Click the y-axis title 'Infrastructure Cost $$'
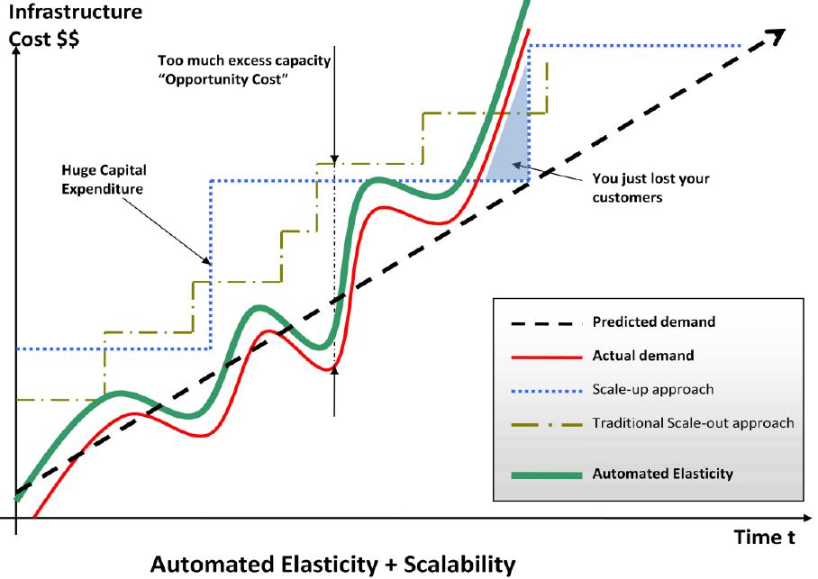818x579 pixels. pos(76,25)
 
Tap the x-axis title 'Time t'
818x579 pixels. pos(765,537)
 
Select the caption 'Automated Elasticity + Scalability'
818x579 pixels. pos(333,565)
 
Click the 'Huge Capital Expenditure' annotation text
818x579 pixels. pos(104,179)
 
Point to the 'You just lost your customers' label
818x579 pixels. pos(650,188)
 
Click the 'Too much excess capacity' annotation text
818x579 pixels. pos(244,60)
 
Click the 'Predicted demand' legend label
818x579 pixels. pos(654,321)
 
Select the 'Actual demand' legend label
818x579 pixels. pos(643,356)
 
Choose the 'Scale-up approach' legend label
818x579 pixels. pos(652,390)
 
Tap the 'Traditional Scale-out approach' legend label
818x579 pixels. pos(694,423)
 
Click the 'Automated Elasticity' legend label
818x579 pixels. pos(662,474)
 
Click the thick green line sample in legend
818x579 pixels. pos(547,475)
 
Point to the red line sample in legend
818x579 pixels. pos(547,357)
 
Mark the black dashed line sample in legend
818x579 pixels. pos(547,323)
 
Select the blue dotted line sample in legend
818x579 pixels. pos(547,391)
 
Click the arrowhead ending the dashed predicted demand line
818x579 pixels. pos(777,37)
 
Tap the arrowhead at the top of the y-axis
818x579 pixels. pos(16,51)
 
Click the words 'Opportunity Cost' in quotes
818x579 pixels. pos(223,79)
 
